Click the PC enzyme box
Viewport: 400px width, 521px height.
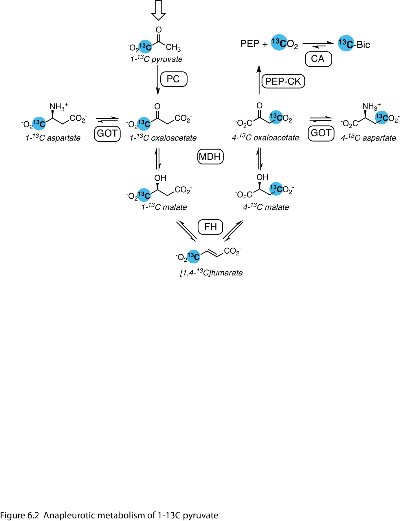coord(174,79)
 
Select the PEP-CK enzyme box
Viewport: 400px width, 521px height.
coord(283,81)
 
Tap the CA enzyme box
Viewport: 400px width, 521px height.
coord(318,59)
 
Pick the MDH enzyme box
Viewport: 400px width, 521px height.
coord(210,157)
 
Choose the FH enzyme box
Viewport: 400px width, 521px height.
coord(210,227)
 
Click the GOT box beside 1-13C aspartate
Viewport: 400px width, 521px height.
coord(107,134)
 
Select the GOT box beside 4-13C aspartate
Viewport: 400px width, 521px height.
coord(321,133)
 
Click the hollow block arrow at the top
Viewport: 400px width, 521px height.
coord(158,10)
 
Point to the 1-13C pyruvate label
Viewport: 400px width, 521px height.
coord(156,59)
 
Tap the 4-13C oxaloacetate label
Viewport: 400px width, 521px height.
coord(265,138)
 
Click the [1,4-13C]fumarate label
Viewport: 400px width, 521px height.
coord(211,273)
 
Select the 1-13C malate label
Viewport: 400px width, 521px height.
coord(164,207)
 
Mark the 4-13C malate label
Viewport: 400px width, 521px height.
coord(266,207)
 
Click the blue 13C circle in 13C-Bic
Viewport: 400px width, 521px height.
coord(346,43)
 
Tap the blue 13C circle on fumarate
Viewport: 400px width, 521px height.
coord(193,256)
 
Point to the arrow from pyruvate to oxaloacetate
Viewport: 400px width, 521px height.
coord(158,80)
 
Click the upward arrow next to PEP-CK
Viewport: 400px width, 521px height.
coord(259,80)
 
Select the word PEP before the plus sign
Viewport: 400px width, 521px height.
coord(249,44)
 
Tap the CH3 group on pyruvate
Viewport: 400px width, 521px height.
coord(173,47)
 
